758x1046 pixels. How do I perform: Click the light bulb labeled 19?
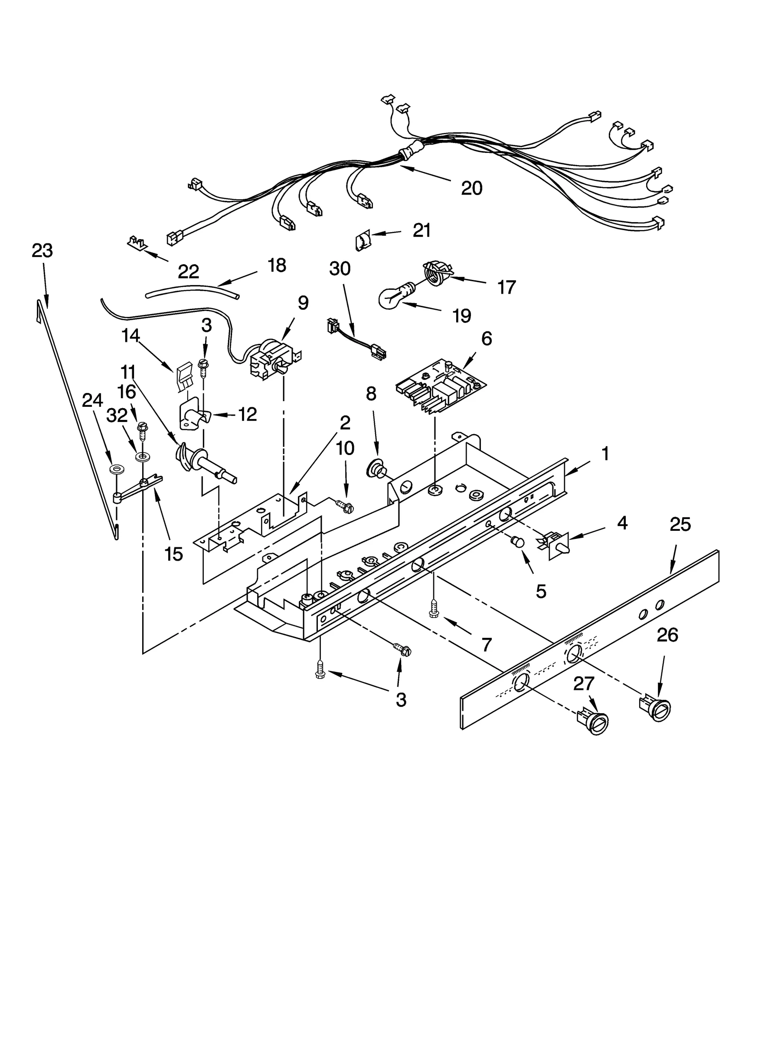click(x=392, y=296)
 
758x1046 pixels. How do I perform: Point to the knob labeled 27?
click(x=592, y=723)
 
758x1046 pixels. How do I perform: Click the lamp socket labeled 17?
click(x=436, y=273)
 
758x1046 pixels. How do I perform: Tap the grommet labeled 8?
click(x=376, y=471)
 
